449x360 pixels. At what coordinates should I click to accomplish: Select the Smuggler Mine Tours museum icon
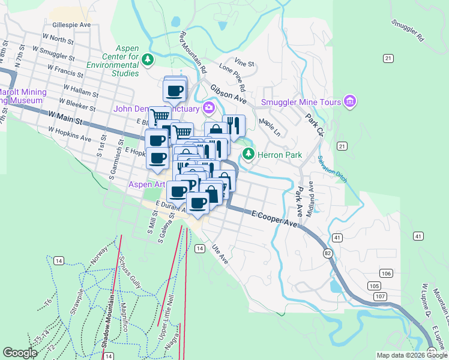pos(350,102)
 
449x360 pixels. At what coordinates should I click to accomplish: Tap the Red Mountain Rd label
pos(192,51)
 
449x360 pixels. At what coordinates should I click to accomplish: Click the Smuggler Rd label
pos(407,30)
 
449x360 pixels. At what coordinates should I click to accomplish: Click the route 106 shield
pos(386,274)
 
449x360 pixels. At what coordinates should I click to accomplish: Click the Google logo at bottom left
pos(20,353)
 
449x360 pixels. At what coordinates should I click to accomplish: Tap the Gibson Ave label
pos(228,93)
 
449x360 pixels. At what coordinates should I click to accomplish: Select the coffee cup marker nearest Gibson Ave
pos(175,91)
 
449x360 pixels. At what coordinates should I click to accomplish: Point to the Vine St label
pos(245,62)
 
